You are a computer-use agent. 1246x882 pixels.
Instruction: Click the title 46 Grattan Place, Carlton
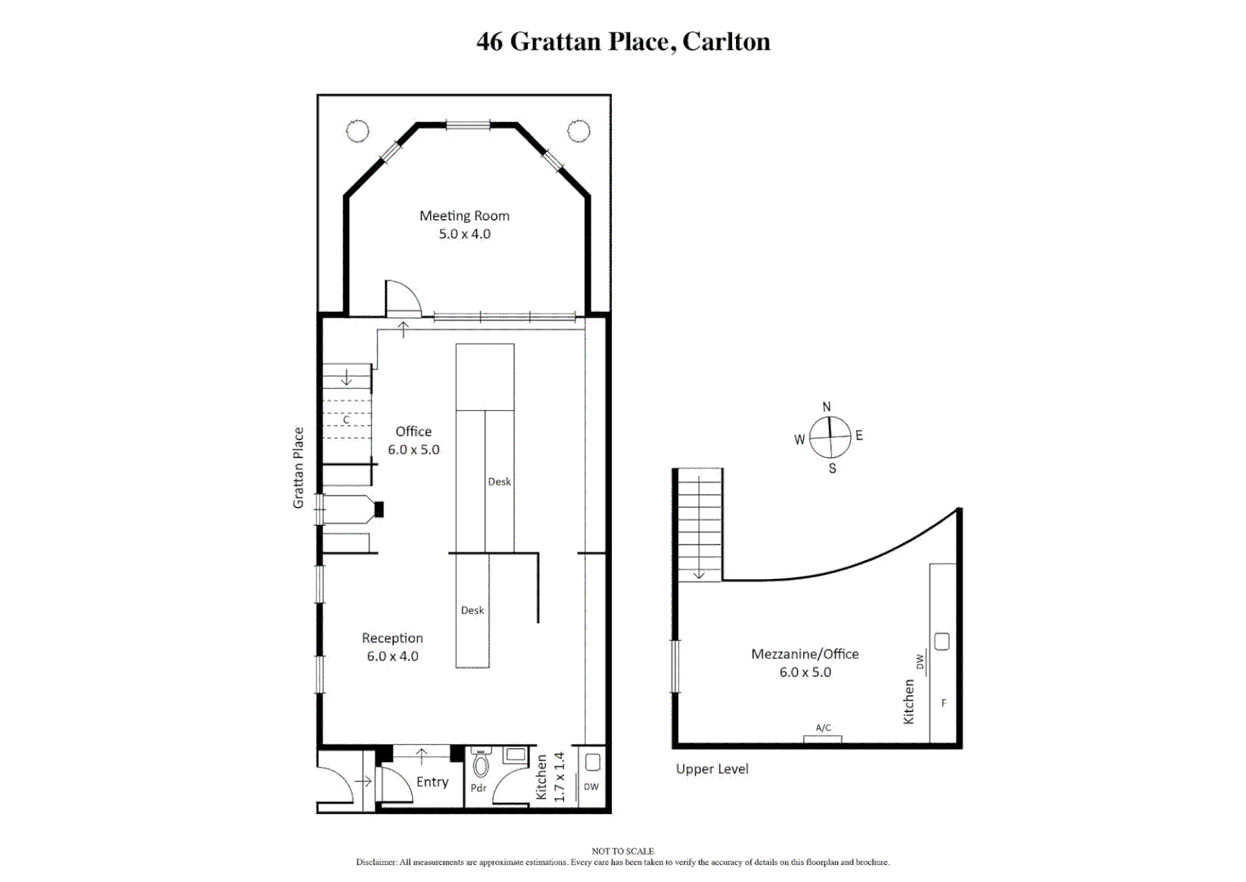(x=623, y=42)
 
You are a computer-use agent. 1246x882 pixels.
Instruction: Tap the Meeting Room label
(x=464, y=216)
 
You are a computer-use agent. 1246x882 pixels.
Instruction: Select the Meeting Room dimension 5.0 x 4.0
(x=464, y=234)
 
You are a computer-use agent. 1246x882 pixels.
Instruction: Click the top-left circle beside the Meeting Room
(x=357, y=131)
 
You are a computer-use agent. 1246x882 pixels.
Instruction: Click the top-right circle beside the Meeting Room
(x=579, y=131)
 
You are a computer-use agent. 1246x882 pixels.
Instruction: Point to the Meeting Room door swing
(x=401, y=299)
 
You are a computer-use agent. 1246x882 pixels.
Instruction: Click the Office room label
(x=413, y=431)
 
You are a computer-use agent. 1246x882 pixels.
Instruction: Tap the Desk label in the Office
(x=499, y=482)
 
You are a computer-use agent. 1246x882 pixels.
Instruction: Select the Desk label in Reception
(x=472, y=610)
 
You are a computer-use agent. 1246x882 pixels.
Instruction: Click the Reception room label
(x=392, y=638)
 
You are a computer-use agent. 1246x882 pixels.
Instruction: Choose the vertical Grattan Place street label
(x=299, y=468)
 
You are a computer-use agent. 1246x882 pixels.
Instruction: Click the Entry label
(x=432, y=782)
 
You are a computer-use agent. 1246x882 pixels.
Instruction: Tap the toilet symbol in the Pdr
(x=481, y=764)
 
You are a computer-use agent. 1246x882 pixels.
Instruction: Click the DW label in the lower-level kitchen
(x=592, y=787)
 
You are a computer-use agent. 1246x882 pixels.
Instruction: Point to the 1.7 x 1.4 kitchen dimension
(x=560, y=777)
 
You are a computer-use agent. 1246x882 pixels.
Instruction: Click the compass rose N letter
(x=827, y=407)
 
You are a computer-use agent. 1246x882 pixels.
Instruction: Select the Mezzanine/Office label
(x=805, y=654)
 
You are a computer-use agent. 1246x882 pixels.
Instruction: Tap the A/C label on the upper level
(x=823, y=728)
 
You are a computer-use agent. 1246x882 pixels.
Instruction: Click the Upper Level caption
(x=712, y=768)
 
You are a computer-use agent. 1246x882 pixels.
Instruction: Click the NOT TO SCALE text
(x=623, y=851)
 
